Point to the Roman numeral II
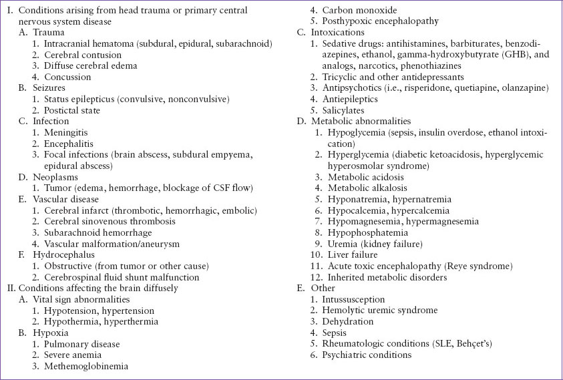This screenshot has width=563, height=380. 9,288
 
